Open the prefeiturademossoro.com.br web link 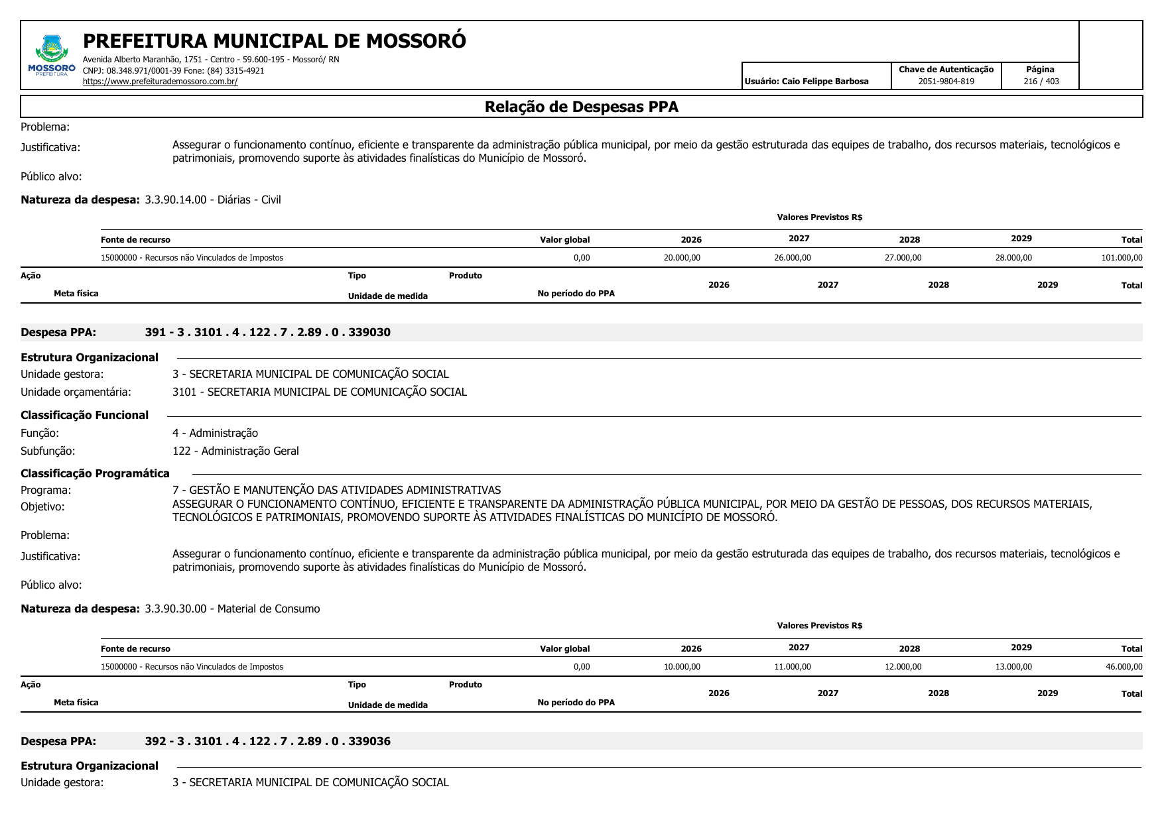160,82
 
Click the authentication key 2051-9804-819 946,82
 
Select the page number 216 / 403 1041,82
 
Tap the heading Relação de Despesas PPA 581,107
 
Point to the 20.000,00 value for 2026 682,258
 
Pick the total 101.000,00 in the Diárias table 1122,258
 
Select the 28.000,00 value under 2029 1013,258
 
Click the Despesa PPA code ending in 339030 267,332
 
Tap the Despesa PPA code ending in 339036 267,741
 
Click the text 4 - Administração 215,433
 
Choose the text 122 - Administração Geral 235,451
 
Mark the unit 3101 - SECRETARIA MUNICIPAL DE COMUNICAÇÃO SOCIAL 319,392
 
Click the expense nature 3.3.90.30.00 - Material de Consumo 232,609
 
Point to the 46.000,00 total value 1124,667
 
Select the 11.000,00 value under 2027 792,667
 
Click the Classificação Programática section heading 95,473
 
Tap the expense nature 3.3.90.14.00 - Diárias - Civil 213,200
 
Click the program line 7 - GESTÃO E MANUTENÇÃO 336,490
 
